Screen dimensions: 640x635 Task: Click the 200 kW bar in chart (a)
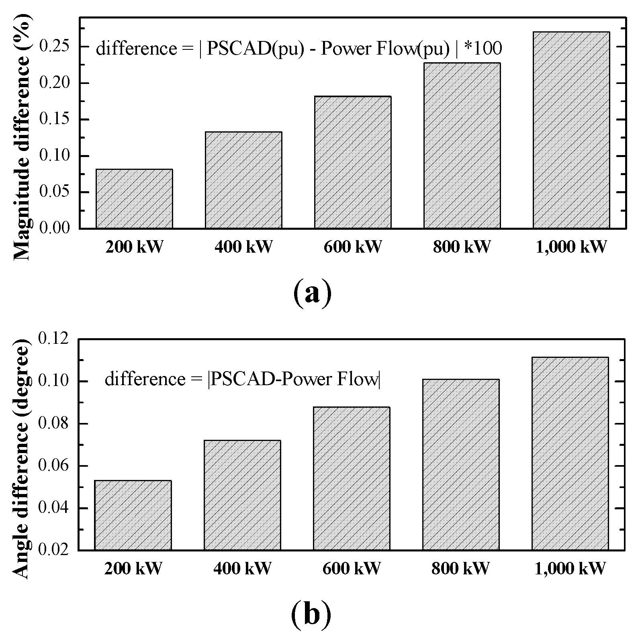[134, 199]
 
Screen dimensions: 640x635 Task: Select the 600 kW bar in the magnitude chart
[353, 162]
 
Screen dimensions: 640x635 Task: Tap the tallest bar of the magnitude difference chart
[571, 130]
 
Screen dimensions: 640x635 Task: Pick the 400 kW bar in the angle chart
[242, 495]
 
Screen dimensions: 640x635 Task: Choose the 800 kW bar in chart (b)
[461, 465]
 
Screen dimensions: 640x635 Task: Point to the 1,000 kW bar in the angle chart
[570, 453]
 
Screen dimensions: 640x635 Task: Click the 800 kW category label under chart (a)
[462, 247]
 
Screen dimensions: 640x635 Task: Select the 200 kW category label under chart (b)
[133, 568]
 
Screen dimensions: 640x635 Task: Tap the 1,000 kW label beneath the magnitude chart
[571, 247]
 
